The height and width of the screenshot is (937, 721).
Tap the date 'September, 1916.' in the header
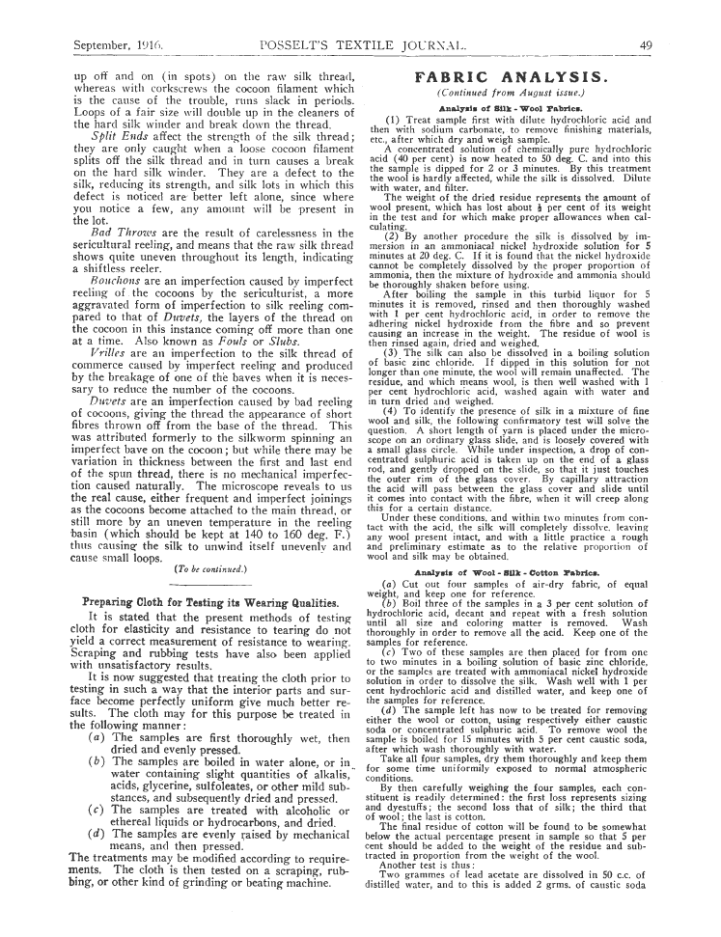[x=114, y=45]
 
